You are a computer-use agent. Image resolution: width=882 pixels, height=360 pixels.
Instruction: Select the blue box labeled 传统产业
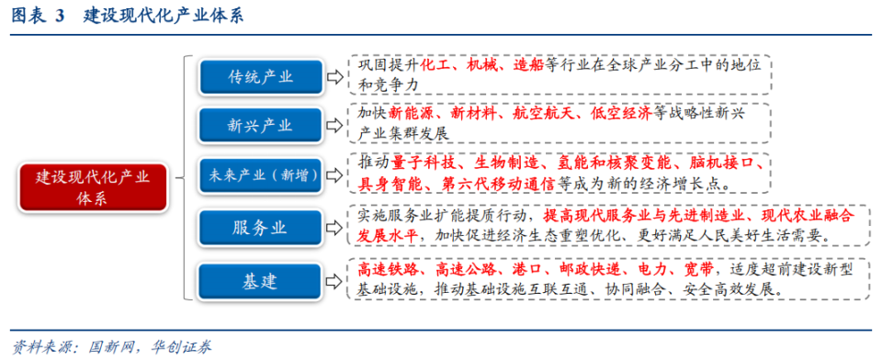261,77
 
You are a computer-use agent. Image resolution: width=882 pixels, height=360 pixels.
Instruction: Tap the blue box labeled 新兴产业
261,126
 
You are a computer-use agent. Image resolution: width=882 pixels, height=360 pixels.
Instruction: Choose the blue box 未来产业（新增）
261,174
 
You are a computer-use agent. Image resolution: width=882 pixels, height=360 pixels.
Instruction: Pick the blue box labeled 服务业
261,225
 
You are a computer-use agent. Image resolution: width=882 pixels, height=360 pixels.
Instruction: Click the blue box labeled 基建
261,281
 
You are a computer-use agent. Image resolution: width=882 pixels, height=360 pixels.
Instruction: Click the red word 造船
528,66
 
